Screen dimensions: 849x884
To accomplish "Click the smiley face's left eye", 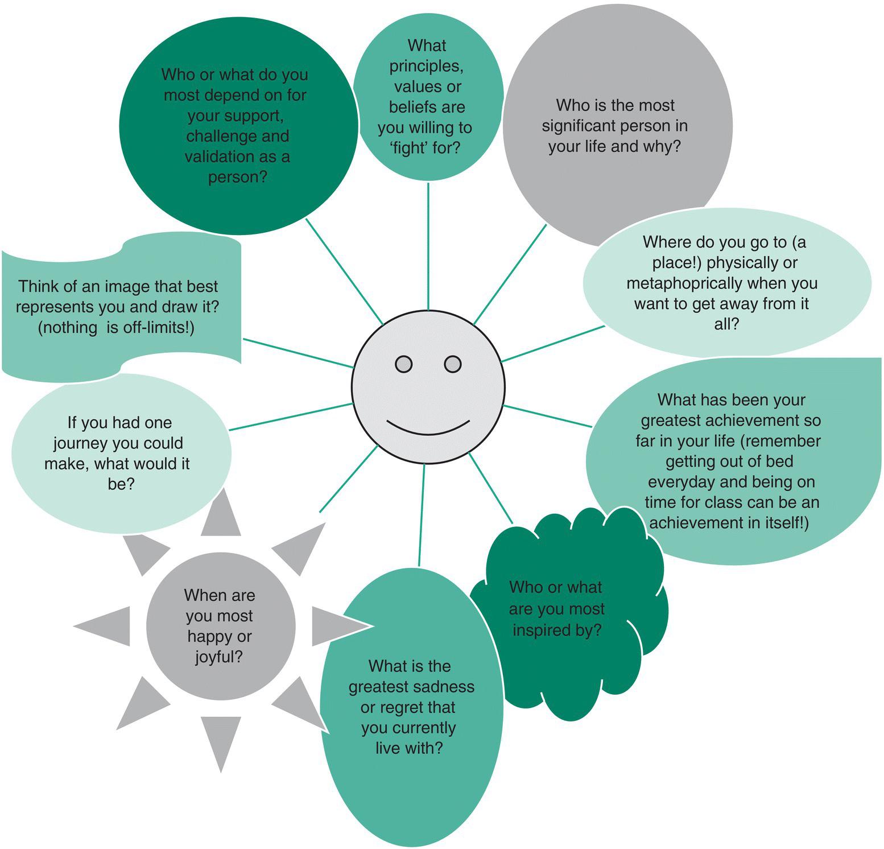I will [x=403, y=364].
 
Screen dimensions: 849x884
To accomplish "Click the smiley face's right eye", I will [x=452, y=364].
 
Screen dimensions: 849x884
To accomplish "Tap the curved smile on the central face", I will [x=428, y=428].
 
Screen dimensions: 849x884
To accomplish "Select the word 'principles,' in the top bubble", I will [x=426, y=66].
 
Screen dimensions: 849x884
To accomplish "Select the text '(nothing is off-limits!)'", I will [x=116, y=328].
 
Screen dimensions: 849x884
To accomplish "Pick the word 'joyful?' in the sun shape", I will [x=219, y=657].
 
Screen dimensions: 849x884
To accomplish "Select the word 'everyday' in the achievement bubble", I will [x=681, y=482].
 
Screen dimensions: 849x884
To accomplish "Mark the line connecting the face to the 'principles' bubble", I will [x=428, y=245].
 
